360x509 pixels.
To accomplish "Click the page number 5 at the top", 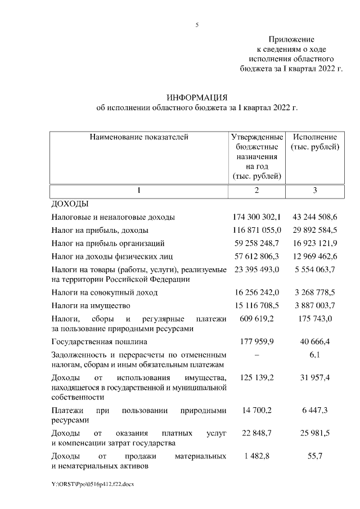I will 197,25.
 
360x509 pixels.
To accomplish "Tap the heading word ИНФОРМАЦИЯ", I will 196,97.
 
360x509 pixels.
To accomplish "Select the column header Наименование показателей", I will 139,137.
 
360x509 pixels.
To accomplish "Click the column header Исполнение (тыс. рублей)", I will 314,142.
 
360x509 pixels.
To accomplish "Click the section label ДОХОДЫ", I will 70,204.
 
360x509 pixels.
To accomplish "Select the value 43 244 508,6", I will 314,217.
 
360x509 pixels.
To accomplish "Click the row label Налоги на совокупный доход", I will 105,292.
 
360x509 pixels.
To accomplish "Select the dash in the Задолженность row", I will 256,355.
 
